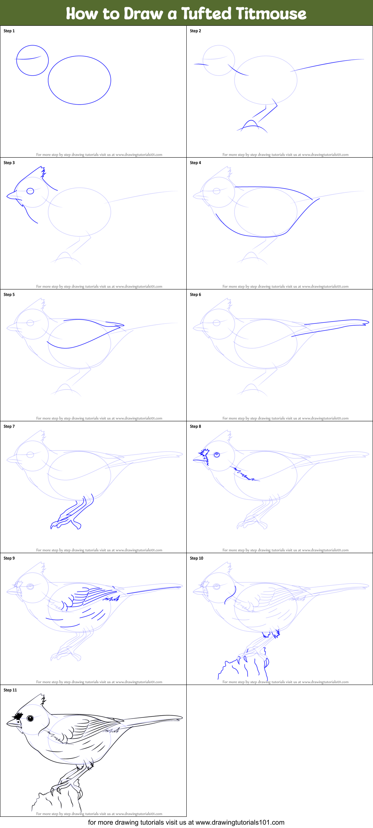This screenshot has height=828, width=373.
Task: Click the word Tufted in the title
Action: pyautogui.click(x=206, y=13)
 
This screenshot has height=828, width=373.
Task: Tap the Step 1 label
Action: pyautogui.click(x=9, y=31)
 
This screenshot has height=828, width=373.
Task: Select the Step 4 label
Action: pyautogui.click(x=195, y=163)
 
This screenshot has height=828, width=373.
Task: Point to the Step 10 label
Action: pyautogui.click(x=196, y=558)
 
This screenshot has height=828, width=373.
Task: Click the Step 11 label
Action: pyautogui.click(x=10, y=690)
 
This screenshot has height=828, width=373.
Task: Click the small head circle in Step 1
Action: pyautogui.click(x=32, y=61)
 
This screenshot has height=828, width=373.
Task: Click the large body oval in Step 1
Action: pyautogui.click(x=80, y=80)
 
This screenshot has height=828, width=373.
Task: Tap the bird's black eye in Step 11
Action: pyautogui.click(x=30, y=718)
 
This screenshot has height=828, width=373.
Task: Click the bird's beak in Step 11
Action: pyautogui.click(x=12, y=723)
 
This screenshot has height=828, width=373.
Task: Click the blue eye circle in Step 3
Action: pyautogui.click(x=30, y=191)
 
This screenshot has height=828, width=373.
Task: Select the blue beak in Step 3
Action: pyautogui.click(x=12, y=195)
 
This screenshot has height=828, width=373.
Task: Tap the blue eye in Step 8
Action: pyautogui.click(x=217, y=455)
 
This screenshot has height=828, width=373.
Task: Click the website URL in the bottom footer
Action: pyautogui.click(x=240, y=822)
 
